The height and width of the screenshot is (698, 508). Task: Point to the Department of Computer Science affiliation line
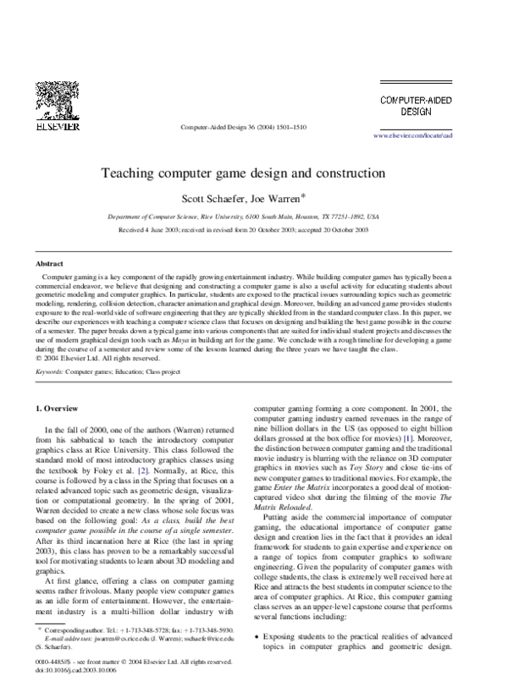coord(255,217)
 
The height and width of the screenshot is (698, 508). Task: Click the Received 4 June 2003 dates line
coord(255,229)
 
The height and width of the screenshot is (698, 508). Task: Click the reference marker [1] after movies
coord(432,439)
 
